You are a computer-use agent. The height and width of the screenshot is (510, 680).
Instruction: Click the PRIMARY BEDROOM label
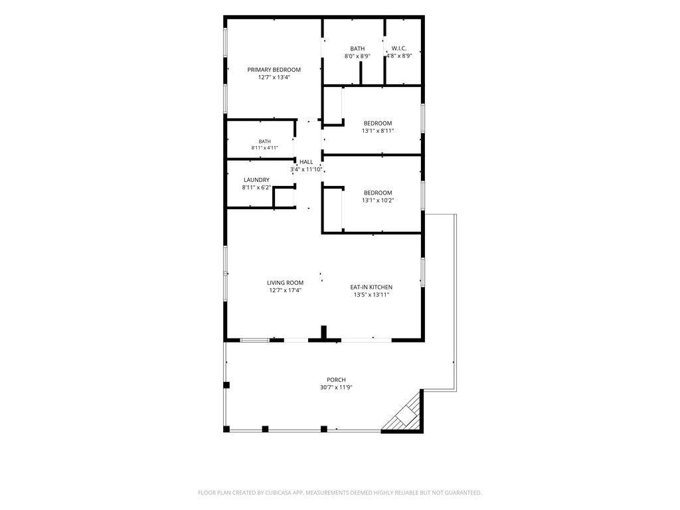[274, 69]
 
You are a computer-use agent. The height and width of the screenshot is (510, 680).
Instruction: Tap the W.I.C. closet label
[399, 48]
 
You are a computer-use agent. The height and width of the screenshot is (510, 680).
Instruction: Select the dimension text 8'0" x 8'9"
[357, 56]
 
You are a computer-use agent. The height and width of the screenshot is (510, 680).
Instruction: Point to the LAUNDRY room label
[256, 180]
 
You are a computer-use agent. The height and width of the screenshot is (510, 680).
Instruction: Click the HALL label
[306, 162]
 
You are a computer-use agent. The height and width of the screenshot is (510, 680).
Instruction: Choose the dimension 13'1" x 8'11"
[378, 131]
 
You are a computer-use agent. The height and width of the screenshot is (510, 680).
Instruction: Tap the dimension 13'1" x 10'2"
[378, 201]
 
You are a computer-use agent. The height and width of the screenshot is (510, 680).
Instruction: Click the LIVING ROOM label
[286, 283]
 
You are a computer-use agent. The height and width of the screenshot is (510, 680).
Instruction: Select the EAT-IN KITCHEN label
[371, 287]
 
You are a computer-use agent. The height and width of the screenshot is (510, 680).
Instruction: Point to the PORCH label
[336, 380]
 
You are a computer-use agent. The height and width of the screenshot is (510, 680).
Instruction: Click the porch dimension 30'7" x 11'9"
[336, 388]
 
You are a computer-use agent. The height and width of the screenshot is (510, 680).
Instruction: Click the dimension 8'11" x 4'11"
[264, 148]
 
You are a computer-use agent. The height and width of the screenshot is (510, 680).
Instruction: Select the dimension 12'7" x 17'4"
[286, 291]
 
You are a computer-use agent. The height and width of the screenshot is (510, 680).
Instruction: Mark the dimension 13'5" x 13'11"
[371, 295]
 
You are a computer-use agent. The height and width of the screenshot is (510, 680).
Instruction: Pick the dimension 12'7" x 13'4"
[274, 77]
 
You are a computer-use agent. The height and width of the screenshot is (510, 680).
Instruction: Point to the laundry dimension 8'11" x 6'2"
[256, 188]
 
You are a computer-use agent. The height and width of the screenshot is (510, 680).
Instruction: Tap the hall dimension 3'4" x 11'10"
[306, 169]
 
